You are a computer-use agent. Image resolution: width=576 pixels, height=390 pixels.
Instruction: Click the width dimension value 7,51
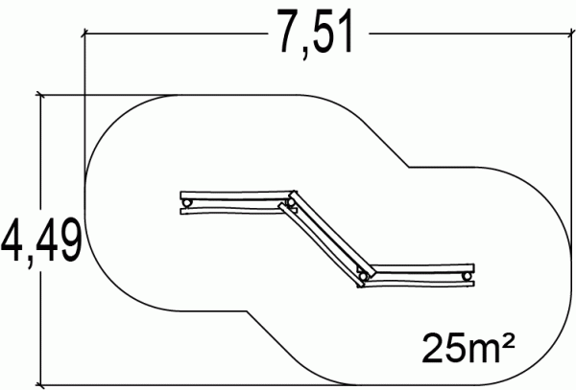[316, 33]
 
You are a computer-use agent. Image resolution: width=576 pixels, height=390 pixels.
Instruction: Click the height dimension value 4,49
[41, 241]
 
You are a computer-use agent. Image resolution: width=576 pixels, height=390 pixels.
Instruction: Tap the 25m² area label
[468, 348]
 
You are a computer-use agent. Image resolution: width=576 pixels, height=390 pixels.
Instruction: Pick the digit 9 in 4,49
[68, 240]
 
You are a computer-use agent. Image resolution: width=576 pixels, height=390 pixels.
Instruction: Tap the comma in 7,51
[306, 54]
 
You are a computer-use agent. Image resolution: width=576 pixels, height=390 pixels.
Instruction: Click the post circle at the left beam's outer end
[187, 203]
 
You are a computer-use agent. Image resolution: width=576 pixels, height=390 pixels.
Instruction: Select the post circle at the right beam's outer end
[467, 276]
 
